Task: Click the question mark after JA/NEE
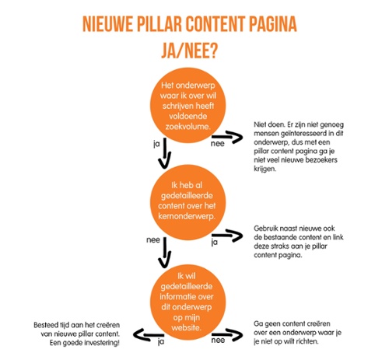pos(213,51)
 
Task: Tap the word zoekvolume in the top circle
pos(187,127)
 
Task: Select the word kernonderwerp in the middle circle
pos(187,216)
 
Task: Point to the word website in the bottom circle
pos(186,327)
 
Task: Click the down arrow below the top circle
pos(165,153)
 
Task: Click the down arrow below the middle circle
pos(165,253)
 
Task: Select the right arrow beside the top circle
pos(227,137)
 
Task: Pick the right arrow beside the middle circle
pos(227,236)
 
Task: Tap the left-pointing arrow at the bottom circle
pos(149,335)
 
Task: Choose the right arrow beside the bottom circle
pos(227,334)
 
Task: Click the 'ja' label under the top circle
pos(156,144)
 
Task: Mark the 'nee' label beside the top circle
pos(218,144)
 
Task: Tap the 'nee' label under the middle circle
pos(153,240)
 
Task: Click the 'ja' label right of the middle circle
pos(215,243)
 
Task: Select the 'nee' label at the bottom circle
pos(218,340)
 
